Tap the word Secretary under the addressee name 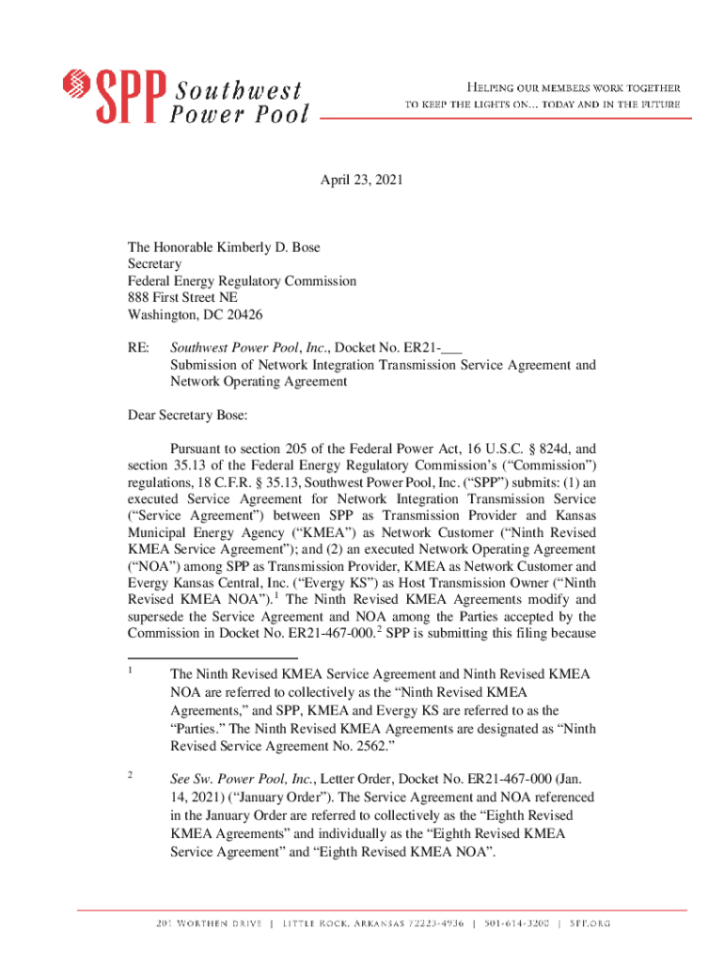(x=155, y=264)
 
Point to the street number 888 (x=140, y=298)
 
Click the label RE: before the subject (x=138, y=348)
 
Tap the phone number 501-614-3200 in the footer (x=516, y=924)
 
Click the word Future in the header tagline (x=657, y=104)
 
